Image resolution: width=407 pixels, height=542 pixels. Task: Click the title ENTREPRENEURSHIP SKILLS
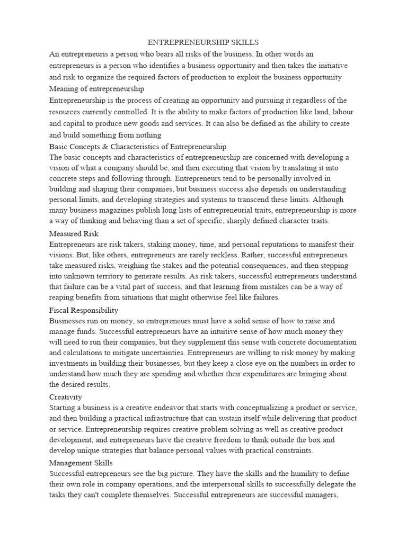click(203, 42)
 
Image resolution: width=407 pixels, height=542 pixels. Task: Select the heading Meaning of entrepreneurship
click(96, 88)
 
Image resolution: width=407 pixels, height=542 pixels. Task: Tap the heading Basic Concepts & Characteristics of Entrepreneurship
click(138, 146)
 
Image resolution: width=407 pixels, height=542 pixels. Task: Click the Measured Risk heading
click(74, 233)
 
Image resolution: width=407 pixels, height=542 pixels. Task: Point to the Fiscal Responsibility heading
click(84, 310)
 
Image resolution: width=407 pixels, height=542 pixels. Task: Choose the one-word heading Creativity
click(65, 396)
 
